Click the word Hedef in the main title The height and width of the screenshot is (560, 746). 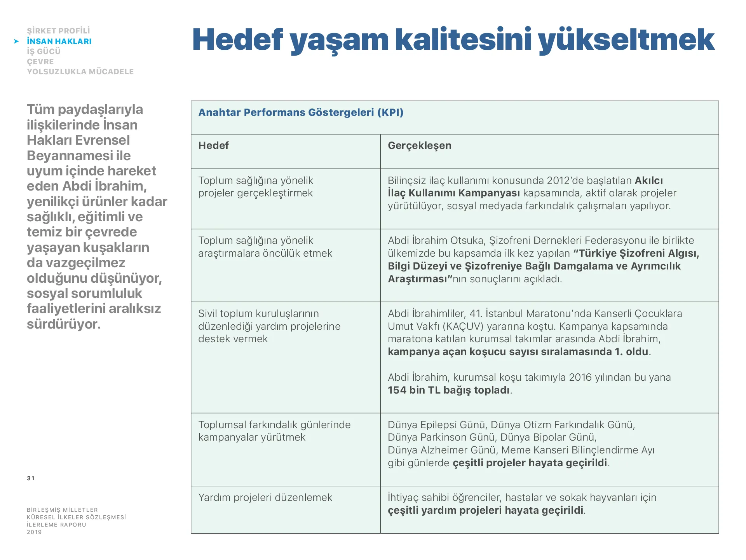[x=237, y=40]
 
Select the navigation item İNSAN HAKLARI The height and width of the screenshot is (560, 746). [x=59, y=41]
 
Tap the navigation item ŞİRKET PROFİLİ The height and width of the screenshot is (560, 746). [x=58, y=31]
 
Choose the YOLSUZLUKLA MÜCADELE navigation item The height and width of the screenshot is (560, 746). [x=80, y=72]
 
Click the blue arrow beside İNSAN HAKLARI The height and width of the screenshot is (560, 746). [x=16, y=41]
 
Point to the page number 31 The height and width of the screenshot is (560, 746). [x=31, y=478]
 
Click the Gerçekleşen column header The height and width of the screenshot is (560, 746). [x=419, y=145]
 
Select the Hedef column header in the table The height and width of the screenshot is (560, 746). [x=213, y=145]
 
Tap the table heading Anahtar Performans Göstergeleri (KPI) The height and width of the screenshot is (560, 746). [x=301, y=112]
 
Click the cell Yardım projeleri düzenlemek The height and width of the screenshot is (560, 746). [x=265, y=497]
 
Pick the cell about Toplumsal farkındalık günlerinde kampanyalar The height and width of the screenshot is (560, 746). [x=274, y=431]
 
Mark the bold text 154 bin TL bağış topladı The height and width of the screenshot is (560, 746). [x=448, y=390]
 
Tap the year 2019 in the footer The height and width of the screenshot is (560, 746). [x=34, y=532]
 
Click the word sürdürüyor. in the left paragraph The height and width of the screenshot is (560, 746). [x=64, y=324]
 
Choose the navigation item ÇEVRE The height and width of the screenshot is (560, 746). [x=40, y=61]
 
